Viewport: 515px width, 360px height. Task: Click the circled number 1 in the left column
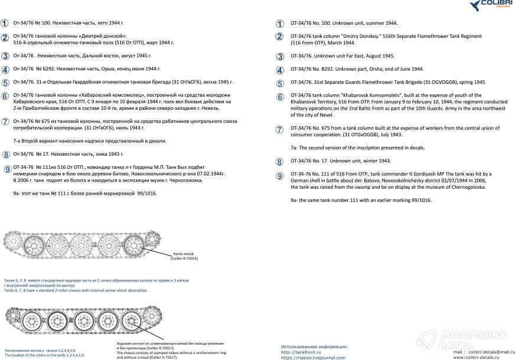(5, 23)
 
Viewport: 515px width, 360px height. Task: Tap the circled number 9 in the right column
(280, 176)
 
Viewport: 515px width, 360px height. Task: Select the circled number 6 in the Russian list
(5, 96)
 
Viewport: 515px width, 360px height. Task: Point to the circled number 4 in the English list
(280, 70)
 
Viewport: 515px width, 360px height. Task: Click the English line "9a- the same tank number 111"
(361, 201)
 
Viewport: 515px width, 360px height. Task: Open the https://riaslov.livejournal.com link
(313, 357)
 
